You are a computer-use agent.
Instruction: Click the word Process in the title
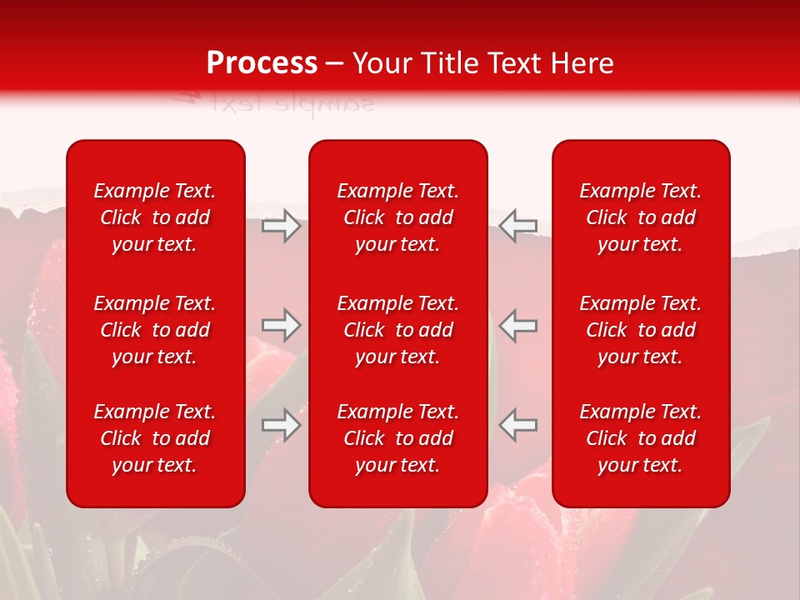click(262, 63)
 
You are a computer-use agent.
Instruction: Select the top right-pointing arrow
click(282, 226)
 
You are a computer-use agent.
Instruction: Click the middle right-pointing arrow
click(282, 325)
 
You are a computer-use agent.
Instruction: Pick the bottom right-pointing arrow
click(282, 425)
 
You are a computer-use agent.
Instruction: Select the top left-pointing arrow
click(518, 226)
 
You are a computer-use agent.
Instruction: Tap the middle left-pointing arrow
click(518, 325)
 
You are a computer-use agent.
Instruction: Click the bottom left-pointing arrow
click(518, 425)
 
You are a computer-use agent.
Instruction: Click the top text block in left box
click(155, 217)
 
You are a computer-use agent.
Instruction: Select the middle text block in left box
click(155, 330)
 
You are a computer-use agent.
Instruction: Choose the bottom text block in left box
click(155, 438)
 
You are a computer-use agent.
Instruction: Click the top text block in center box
click(398, 217)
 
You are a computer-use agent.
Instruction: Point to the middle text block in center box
click(398, 330)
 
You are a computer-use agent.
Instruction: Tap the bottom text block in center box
click(398, 438)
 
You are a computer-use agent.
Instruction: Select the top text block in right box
click(641, 217)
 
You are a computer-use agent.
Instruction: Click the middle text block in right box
click(641, 330)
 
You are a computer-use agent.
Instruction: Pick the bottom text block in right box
click(641, 438)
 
